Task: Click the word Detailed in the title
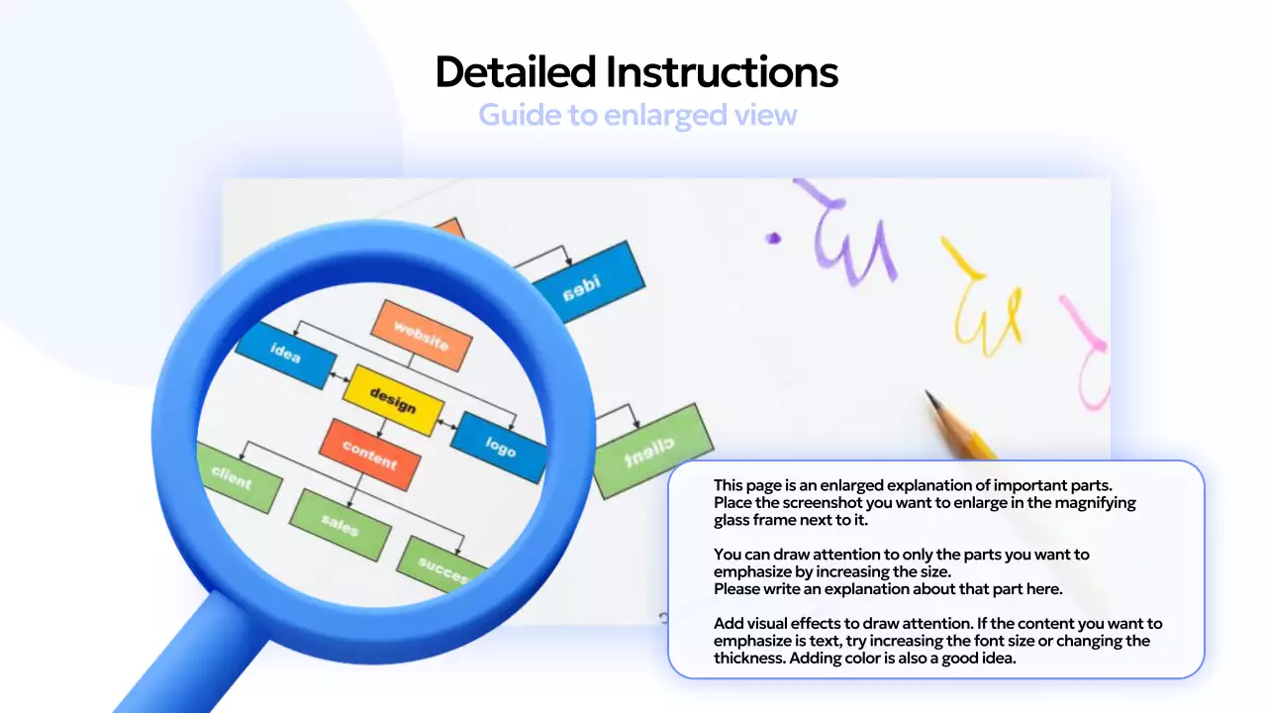click(x=516, y=72)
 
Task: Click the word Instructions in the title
click(x=722, y=72)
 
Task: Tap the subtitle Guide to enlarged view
click(x=637, y=115)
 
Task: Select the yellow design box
click(x=392, y=399)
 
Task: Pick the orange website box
click(x=421, y=335)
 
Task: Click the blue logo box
click(x=501, y=447)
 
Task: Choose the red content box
click(x=369, y=455)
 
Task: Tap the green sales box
click(x=340, y=524)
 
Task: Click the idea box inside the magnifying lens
click(x=285, y=354)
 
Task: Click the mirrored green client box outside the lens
click(x=651, y=451)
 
